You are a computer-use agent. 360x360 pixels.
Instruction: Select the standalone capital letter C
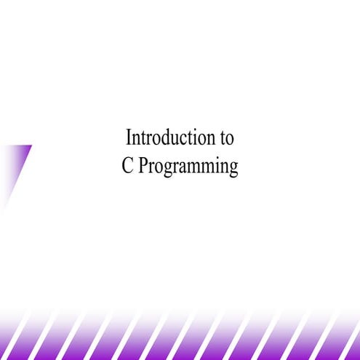(128, 167)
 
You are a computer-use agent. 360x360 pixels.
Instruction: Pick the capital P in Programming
(143, 167)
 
